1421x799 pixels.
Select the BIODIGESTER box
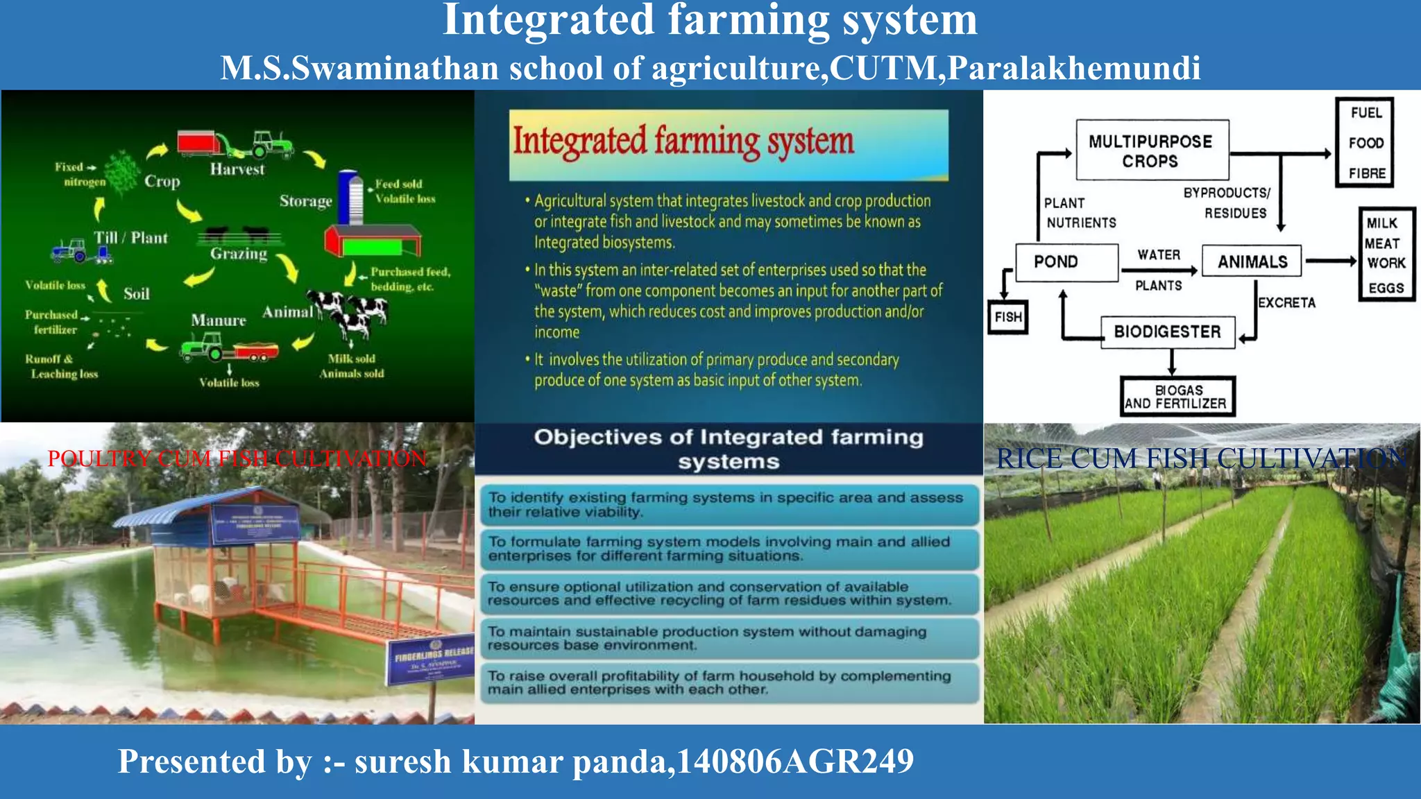(x=1168, y=332)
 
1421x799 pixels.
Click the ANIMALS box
(x=1252, y=261)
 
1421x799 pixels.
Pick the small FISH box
(x=1007, y=317)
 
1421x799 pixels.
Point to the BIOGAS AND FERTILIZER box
(x=1177, y=397)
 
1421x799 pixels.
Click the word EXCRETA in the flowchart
(x=1286, y=302)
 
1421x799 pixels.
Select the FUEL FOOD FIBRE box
(x=1365, y=143)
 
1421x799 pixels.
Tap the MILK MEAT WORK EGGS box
(x=1386, y=255)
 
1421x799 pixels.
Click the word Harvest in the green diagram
(x=237, y=169)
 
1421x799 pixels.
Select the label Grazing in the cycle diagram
(x=239, y=254)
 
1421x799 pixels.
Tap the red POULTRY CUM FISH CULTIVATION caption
(x=237, y=458)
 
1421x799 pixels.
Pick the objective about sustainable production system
(x=729, y=638)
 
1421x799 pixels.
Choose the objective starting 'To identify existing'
(x=729, y=504)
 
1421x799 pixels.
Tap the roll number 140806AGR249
(x=795, y=762)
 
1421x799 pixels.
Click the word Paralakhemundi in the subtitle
(x=1074, y=69)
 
